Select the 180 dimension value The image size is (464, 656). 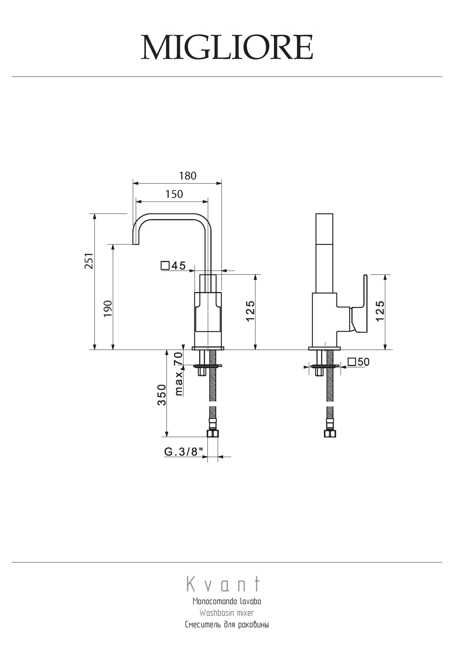tap(188, 176)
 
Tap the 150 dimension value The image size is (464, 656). tap(174, 195)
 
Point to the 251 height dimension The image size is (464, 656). tap(89, 261)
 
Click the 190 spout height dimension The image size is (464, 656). tap(108, 308)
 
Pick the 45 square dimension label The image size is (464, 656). tap(173, 265)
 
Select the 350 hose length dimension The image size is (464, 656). tap(162, 395)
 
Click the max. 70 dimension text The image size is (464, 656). tap(179, 374)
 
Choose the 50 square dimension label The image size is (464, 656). tap(359, 362)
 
